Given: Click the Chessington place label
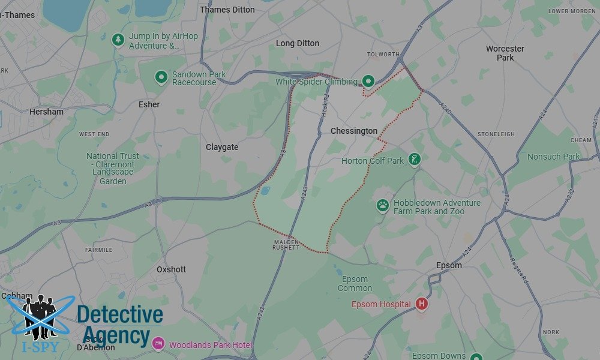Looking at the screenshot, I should (354, 131).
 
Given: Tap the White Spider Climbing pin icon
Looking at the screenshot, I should (368, 81).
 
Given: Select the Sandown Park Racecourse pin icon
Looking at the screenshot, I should (161, 77).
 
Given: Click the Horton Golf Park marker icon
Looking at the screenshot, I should (413, 160).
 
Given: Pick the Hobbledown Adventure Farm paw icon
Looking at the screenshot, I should (383, 206).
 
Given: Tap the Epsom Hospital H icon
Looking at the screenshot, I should (422, 304).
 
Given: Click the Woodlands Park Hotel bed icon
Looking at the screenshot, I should (158, 344).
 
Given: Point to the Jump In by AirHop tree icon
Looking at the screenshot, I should (118, 40).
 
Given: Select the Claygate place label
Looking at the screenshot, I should (222, 147).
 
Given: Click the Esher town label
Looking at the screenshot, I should (149, 104).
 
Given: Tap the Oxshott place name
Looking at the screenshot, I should (171, 269).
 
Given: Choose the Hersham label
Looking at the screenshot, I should (46, 112).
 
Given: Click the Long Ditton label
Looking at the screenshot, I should (298, 43).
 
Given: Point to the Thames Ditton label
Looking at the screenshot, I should (227, 10).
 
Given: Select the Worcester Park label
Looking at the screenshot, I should (505, 53).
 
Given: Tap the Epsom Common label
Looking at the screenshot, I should (355, 283).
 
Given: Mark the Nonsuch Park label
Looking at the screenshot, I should (553, 157).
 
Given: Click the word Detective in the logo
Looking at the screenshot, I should (120, 314).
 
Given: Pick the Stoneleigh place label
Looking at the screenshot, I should (496, 134).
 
